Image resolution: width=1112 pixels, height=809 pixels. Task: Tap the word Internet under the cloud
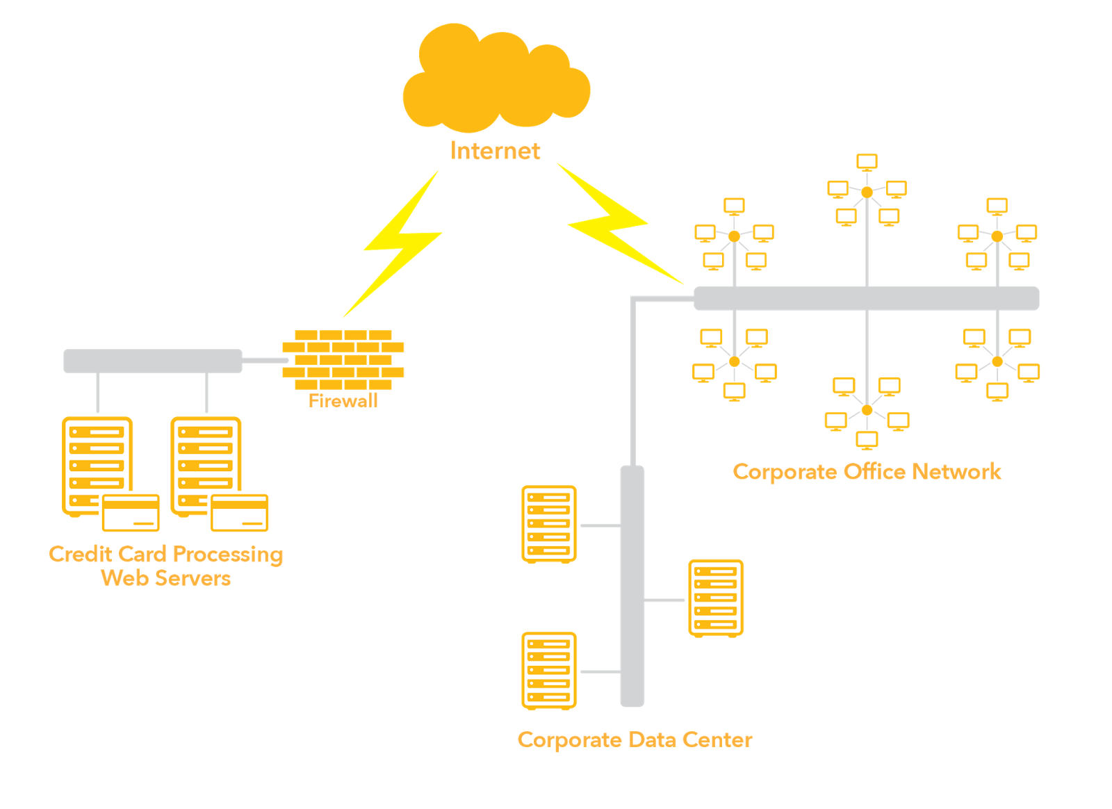[495, 151]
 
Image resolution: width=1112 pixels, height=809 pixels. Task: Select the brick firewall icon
[343, 359]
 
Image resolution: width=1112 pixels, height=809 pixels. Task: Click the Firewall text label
[343, 400]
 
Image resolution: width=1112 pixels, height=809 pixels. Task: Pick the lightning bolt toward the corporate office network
[612, 222]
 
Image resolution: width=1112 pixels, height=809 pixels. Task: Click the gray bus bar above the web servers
[153, 361]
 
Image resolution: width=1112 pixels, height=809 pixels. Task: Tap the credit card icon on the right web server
[240, 513]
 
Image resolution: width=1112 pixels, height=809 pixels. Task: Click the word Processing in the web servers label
[228, 555]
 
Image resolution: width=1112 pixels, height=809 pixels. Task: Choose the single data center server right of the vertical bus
[716, 598]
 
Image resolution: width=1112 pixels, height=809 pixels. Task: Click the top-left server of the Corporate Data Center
[549, 523]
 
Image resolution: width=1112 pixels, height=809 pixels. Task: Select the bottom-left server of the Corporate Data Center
[549, 671]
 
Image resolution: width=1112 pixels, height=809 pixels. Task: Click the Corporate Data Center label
[635, 739]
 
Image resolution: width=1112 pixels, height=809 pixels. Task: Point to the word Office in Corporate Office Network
[874, 472]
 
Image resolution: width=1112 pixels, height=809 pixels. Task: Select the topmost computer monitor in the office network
[867, 163]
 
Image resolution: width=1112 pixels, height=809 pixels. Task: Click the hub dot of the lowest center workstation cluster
[867, 410]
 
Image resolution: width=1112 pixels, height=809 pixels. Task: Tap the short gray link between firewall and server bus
[264, 360]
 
